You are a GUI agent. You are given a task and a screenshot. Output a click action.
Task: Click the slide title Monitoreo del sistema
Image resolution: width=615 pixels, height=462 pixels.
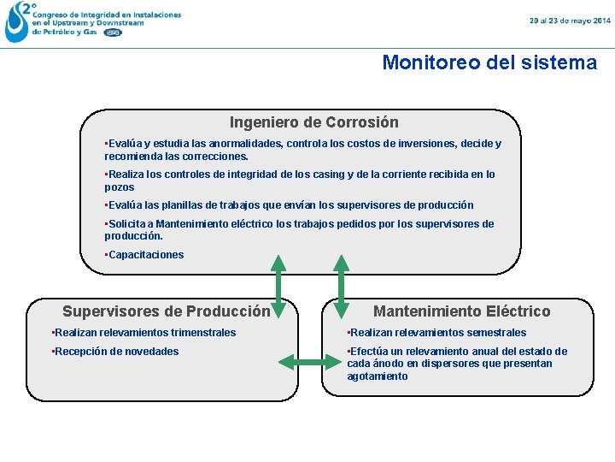(489, 62)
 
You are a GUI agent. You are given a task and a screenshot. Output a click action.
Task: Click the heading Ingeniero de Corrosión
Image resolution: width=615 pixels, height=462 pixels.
(313, 122)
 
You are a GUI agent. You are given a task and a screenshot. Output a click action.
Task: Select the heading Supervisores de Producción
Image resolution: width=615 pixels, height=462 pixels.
(167, 311)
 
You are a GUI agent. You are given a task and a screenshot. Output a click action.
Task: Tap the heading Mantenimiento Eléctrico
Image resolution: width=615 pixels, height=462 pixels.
(462, 311)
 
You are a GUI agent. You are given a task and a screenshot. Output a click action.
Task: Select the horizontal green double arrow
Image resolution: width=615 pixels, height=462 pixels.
(309, 365)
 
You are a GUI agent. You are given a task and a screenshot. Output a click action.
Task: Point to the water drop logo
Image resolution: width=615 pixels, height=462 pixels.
(17, 23)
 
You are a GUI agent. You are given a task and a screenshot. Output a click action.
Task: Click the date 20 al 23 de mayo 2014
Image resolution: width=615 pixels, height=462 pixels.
(570, 20)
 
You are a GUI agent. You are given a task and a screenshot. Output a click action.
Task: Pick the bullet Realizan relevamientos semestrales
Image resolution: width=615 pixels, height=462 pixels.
(436, 333)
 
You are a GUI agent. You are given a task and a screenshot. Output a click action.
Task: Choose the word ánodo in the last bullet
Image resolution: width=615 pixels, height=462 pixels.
(386, 364)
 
